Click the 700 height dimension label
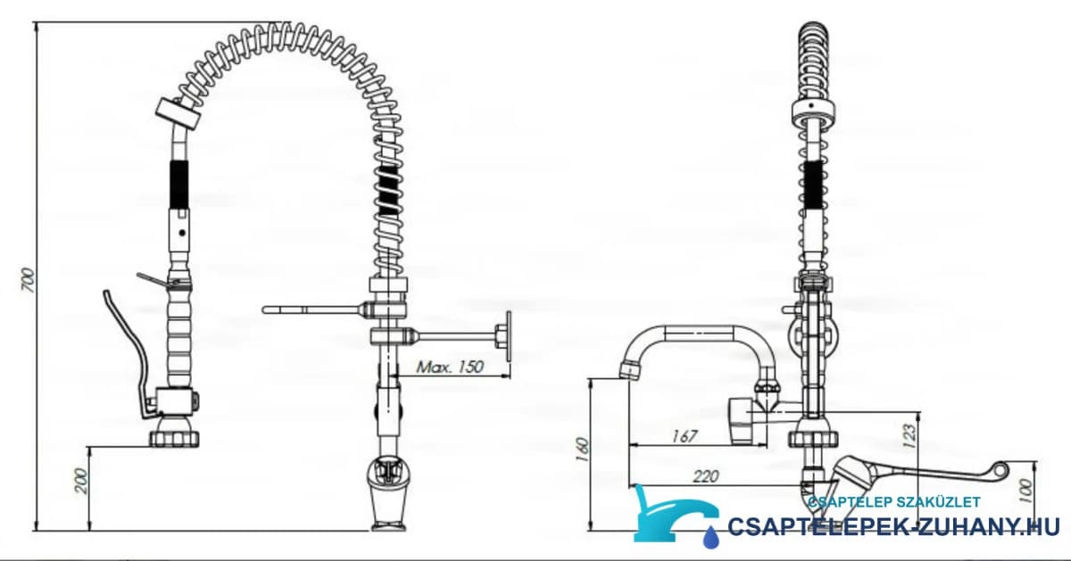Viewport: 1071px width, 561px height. [x=29, y=280]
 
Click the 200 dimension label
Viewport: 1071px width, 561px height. [x=82, y=481]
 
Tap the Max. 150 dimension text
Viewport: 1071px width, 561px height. [x=450, y=367]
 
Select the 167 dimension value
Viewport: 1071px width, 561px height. [x=685, y=436]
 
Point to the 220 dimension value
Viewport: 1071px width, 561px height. [x=706, y=476]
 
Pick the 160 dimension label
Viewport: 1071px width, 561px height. [x=583, y=450]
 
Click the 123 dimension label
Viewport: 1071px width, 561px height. [x=910, y=435]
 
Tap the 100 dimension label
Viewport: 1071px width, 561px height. [x=1026, y=491]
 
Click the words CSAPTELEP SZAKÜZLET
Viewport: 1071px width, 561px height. [x=894, y=502]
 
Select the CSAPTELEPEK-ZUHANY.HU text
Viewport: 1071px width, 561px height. [x=893, y=526]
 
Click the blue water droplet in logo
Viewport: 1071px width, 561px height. [x=710, y=536]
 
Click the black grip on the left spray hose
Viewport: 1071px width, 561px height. [x=179, y=184]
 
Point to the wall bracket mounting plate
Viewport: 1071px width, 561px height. [x=508, y=336]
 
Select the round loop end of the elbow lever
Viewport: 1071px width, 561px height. [x=1000, y=469]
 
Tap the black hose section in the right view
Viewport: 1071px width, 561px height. [x=814, y=185]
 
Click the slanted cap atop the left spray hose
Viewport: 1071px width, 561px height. [x=177, y=114]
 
